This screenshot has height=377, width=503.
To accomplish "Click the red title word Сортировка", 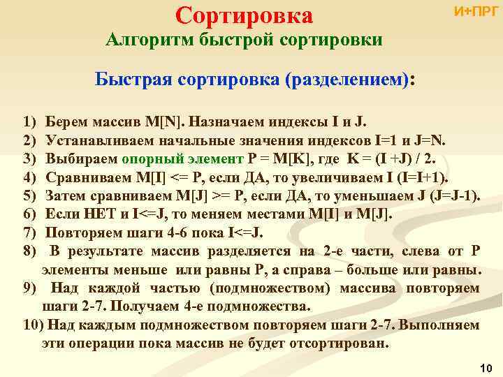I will click(x=244, y=15).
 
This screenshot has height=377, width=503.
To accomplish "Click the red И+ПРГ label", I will click(x=476, y=11).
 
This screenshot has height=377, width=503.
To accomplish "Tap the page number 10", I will click(x=487, y=367).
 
